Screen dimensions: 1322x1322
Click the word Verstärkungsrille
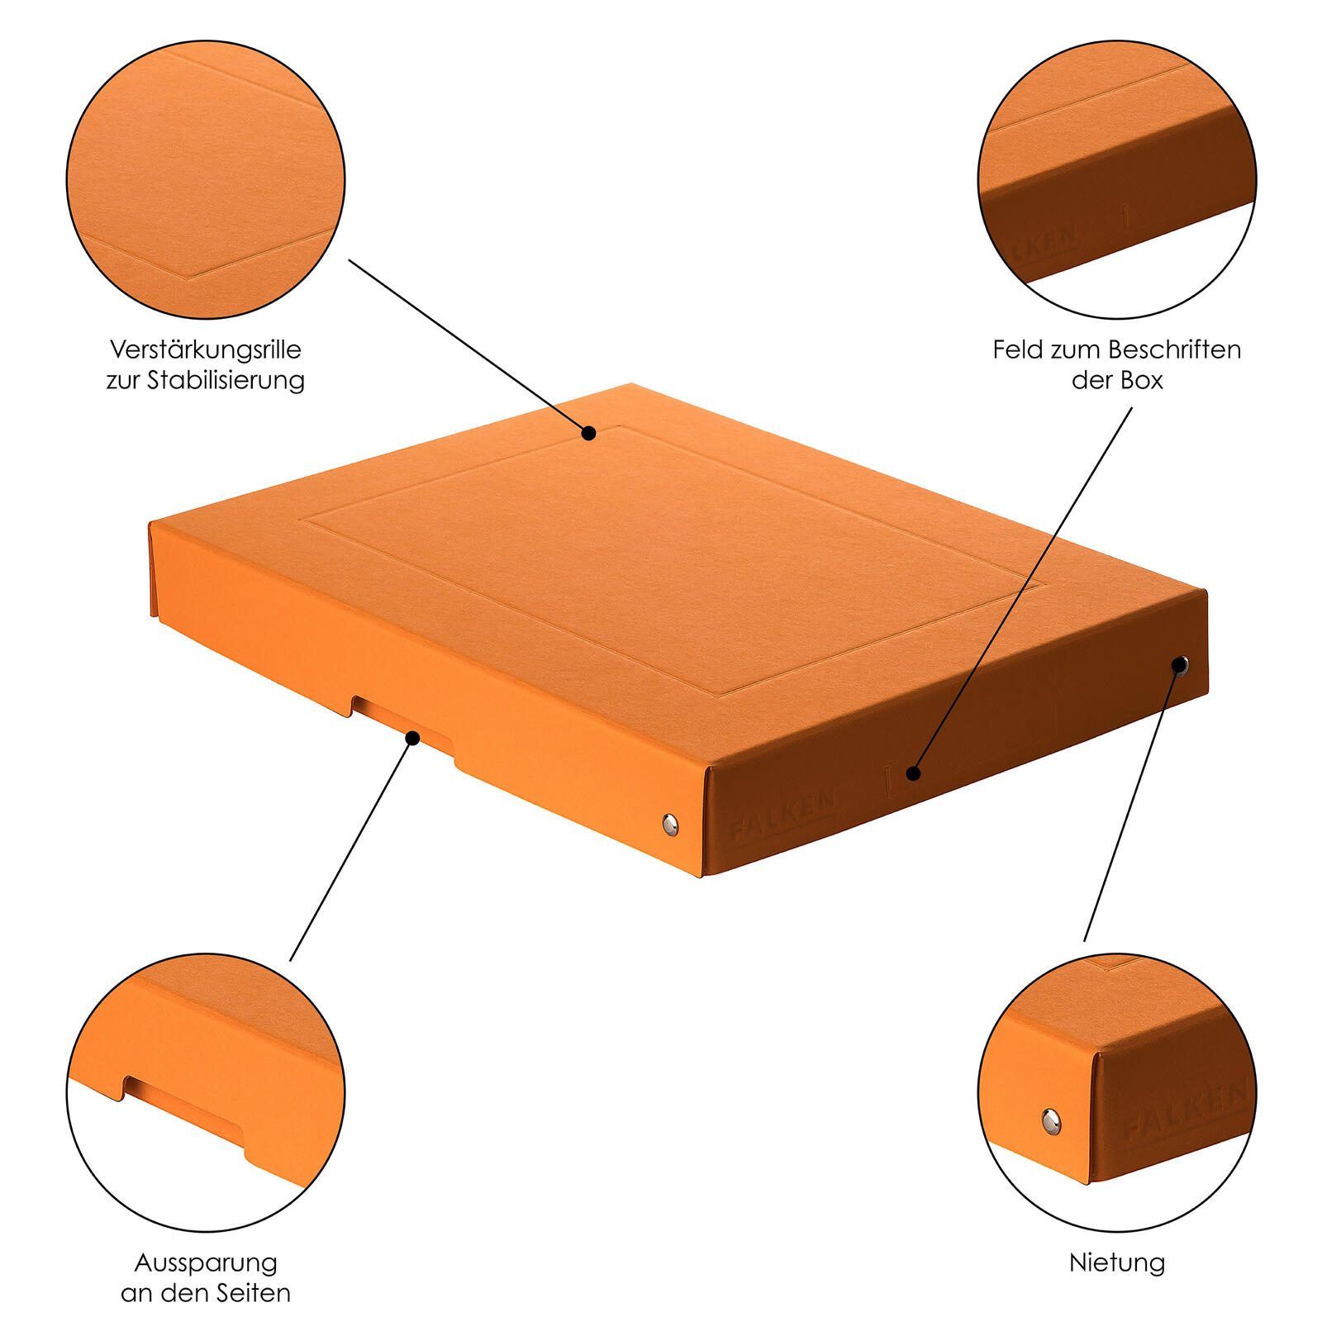click(206, 350)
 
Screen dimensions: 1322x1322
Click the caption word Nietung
click(1117, 1263)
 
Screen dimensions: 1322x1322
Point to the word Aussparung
click(206, 1263)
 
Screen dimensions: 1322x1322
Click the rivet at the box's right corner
click(1181, 663)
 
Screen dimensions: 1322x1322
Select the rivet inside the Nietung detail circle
click(1050, 1120)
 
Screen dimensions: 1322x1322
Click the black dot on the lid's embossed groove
click(588, 432)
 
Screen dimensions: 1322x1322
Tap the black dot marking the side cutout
click(412, 736)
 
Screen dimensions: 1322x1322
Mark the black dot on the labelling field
click(912, 773)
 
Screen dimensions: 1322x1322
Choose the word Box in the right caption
click(1141, 380)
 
